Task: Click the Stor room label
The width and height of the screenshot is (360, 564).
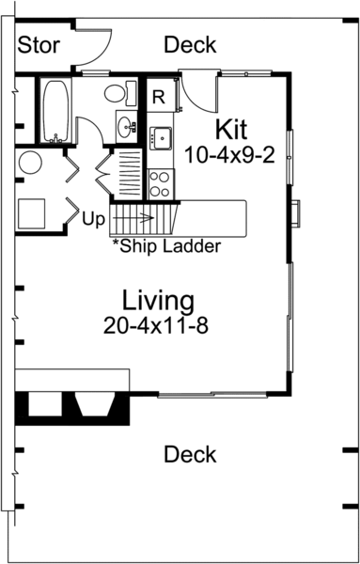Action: pyautogui.click(x=40, y=45)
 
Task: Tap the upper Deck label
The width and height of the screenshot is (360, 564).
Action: pyautogui.click(x=190, y=45)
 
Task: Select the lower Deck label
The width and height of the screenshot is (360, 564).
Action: pyautogui.click(x=190, y=455)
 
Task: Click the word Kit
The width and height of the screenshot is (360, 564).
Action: pyautogui.click(x=230, y=128)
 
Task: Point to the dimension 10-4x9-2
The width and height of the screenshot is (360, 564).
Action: pyautogui.click(x=230, y=154)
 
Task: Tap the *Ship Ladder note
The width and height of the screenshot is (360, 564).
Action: pyautogui.click(x=165, y=247)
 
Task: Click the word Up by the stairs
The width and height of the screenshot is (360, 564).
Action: pyautogui.click(x=94, y=218)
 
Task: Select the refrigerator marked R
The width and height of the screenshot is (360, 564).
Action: pyautogui.click(x=159, y=96)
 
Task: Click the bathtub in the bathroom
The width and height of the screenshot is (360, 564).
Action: pyautogui.click(x=54, y=110)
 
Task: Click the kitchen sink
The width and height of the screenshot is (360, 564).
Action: pyautogui.click(x=160, y=136)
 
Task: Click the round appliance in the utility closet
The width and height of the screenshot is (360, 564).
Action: pyautogui.click(x=29, y=163)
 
